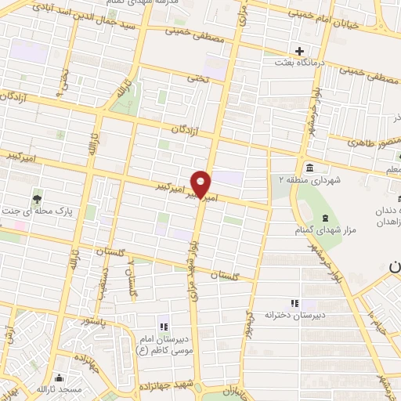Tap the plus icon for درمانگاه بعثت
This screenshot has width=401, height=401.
298,50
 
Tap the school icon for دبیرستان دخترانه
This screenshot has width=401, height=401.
294,302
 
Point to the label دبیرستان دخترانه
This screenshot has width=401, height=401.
294,314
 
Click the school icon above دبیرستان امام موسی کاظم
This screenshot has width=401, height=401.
164,327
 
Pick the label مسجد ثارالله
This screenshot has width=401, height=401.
69,389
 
